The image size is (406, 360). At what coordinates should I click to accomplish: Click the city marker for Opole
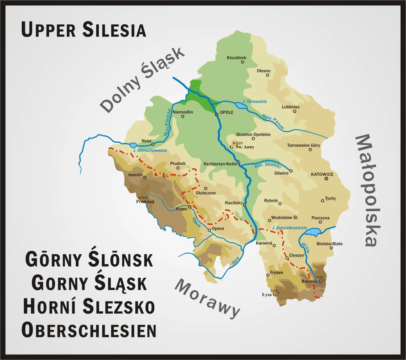click(x=217, y=114)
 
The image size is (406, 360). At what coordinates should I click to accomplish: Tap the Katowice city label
click(x=322, y=174)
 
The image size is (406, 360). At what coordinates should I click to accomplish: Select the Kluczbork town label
click(x=236, y=58)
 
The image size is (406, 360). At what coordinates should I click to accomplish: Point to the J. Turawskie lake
click(x=240, y=106)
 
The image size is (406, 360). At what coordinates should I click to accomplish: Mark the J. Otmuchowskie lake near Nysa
click(x=134, y=145)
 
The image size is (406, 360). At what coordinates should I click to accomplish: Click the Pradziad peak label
click(x=145, y=202)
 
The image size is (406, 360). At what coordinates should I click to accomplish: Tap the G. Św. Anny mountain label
click(x=242, y=147)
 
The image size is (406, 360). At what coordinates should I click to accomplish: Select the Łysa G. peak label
click(x=269, y=294)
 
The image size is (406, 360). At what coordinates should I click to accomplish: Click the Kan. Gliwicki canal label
click(x=268, y=166)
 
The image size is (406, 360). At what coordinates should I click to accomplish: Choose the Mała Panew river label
click(x=273, y=121)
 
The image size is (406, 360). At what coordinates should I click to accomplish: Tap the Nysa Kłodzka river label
click(x=167, y=123)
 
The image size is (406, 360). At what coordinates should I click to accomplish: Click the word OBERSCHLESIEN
click(x=89, y=330)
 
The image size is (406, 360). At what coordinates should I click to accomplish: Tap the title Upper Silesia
click(x=84, y=30)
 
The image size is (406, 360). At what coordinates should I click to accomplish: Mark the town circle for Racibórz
click(x=244, y=205)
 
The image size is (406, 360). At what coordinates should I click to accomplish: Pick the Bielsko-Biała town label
click(x=329, y=244)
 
